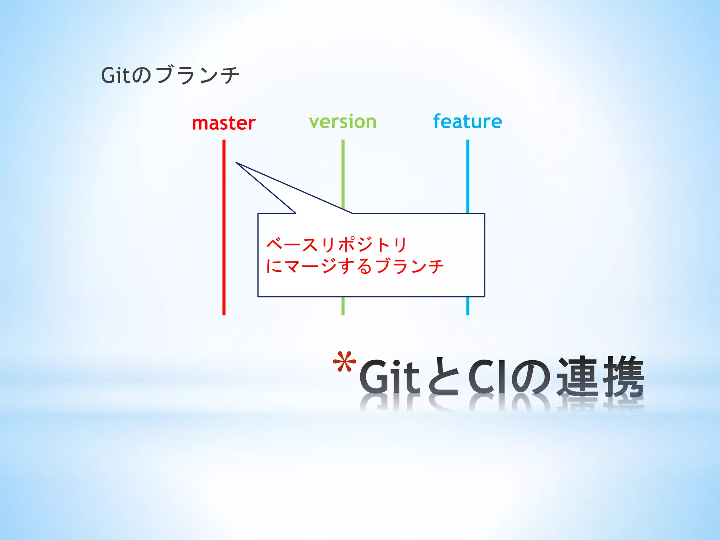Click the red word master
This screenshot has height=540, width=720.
tap(224, 123)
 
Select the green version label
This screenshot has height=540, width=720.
tap(342, 122)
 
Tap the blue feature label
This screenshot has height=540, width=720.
tap(467, 122)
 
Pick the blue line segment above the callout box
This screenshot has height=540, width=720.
tap(468, 176)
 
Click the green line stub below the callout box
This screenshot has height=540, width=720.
tap(343, 306)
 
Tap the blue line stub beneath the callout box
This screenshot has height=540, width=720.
tap(468, 306)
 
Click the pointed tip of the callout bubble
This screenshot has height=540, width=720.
tap(237, 163)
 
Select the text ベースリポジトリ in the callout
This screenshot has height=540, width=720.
tap(336, 245)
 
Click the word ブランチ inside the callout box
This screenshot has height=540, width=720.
tap(410, 266)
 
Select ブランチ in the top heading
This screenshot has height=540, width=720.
tap(198, 75)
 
